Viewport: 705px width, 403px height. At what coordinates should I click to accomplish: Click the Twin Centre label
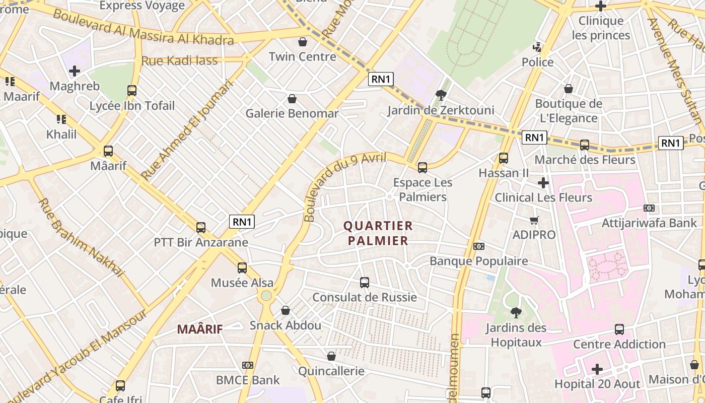[x=302, y=56]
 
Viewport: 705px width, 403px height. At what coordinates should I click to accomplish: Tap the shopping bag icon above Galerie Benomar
[x=292, y=99]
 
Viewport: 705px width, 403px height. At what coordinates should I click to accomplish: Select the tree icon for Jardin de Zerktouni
[x=441, y=95]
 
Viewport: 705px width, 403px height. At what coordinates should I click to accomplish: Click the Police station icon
[x=537, y=48]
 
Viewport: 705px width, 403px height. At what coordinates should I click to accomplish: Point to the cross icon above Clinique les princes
[x=600, y=6]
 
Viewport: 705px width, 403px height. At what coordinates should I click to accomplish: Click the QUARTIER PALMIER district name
[x=378, y=233]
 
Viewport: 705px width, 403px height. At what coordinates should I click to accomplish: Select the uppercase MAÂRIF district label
[x=200, y=329]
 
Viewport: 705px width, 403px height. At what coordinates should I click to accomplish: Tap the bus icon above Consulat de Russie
[x=365, y=283]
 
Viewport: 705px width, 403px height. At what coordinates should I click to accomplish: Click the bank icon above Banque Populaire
[x=478, y=246]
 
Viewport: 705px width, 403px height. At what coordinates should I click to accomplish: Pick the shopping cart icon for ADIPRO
[x=534, y=220]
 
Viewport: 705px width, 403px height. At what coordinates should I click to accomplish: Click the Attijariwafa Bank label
[x=650, y=223]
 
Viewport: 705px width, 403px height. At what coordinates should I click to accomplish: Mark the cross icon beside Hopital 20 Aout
[x=597, y=369]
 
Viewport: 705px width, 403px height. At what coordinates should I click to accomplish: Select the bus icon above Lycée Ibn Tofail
[x=132, y=91]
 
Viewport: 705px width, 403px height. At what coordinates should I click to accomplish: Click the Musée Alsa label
[x=242, y=283]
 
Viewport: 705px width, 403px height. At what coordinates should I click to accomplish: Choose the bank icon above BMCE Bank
[x=247, y=365]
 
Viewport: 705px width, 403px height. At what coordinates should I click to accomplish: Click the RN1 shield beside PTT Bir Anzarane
[x=242, y=222]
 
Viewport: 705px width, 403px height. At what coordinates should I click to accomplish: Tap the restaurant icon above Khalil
[x=61, y=119]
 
